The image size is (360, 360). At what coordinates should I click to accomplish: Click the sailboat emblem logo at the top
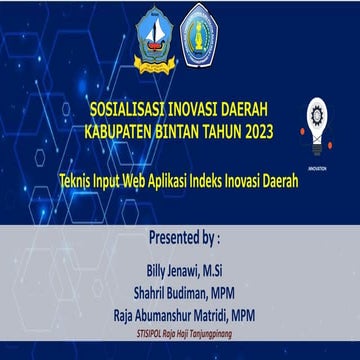(153, 37)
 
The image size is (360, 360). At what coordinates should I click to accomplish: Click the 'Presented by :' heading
(183, 239)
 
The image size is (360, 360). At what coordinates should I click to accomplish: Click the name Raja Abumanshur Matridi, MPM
(183, 313)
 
